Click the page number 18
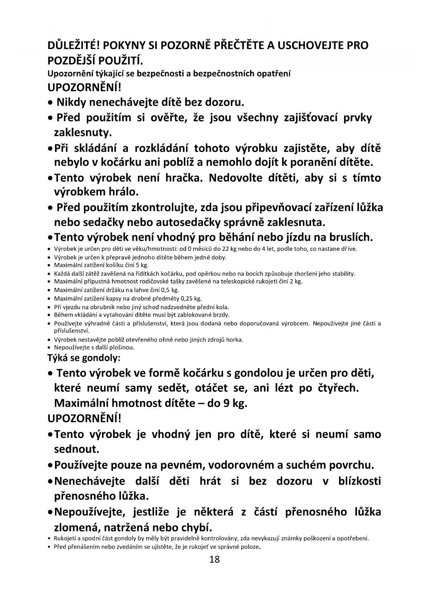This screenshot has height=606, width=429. point(214,559)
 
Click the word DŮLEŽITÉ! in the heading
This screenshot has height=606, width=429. point(74,45)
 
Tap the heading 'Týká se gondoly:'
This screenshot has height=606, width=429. point(84,358)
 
